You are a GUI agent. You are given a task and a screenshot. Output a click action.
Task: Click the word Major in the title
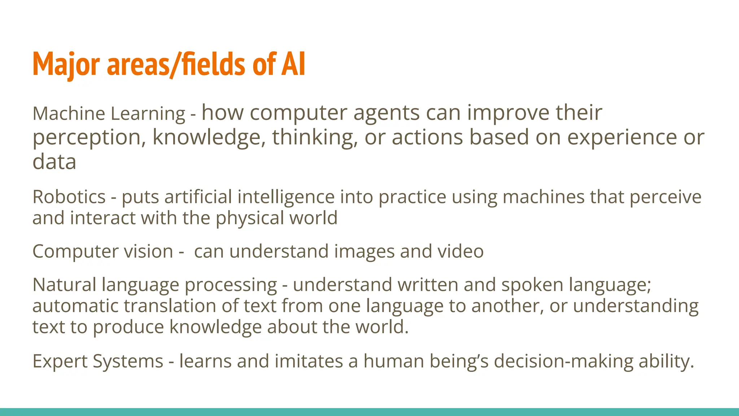[66, 64]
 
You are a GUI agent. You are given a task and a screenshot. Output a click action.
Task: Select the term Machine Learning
[109, 113]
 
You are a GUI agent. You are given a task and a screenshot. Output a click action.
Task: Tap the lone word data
[54, 162]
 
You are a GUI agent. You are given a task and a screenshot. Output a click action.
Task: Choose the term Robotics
[69, 197]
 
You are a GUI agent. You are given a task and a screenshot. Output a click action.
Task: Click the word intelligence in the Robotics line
[286, 197]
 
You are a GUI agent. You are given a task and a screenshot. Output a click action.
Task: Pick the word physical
[249, 218]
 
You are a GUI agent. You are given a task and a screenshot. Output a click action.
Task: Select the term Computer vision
[103, 251]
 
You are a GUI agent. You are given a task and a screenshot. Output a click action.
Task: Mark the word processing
[231, 285]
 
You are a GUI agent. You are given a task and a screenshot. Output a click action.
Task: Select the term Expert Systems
[98, 361]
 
